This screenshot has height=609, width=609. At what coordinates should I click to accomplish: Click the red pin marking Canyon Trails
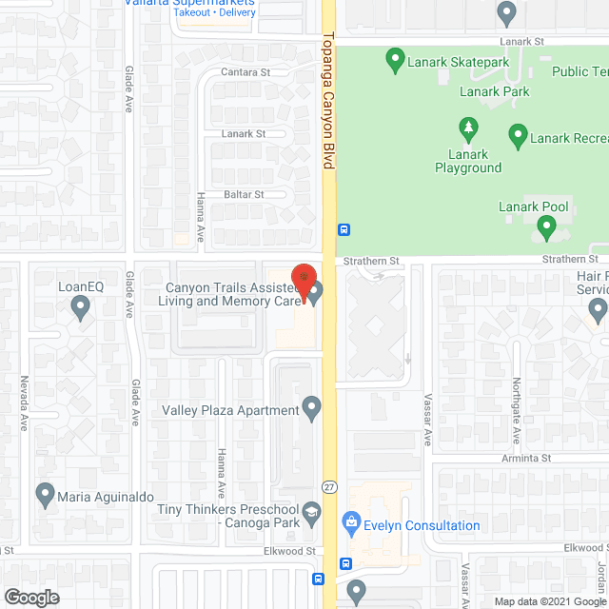(x=303, y=282)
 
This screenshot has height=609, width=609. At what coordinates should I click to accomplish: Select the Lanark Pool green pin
(x=546, y=227)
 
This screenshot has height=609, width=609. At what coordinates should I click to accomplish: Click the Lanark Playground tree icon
(x=467, y=128)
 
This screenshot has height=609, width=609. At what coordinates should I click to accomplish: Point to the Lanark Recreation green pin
(x=518, y=136)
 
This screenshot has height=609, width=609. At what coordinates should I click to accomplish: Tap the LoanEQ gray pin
(x=80, y=306)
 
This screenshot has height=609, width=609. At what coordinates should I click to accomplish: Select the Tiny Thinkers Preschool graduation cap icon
(x=311, y=518)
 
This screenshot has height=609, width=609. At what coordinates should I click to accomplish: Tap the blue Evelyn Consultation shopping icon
(x=350, y=523)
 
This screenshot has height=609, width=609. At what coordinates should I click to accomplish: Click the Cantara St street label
(x=246, y=72)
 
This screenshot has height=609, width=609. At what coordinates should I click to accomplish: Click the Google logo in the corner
(x=30, y=598)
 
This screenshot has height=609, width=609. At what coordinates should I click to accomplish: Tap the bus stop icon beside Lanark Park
(x=344, y=229)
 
